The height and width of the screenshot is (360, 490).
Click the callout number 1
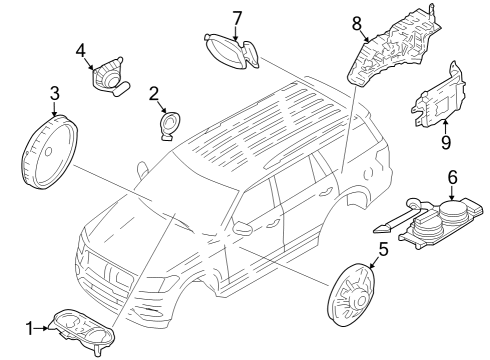pos(29,327)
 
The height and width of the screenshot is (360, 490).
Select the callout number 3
pos(54,94)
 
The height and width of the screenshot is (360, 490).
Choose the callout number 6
pos(452,177)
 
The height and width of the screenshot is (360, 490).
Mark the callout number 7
pos(237,17)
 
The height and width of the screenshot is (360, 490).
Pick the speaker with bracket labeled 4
pos(107,75)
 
